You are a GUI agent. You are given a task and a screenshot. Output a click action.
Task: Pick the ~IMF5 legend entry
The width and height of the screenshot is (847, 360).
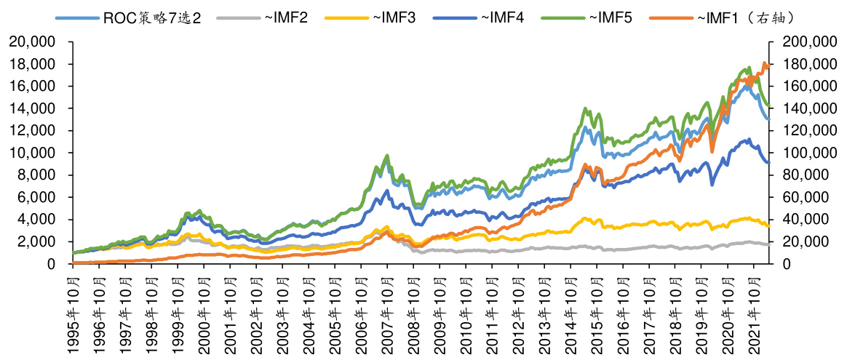pyautogui.click(x=606, y=15)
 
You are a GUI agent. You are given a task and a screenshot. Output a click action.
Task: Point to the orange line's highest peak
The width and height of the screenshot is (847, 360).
pyautogui.click(x=764, y=63)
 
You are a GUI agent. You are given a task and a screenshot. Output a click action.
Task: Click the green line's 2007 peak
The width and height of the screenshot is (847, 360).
pyautogui.click(x=387, y=155)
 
